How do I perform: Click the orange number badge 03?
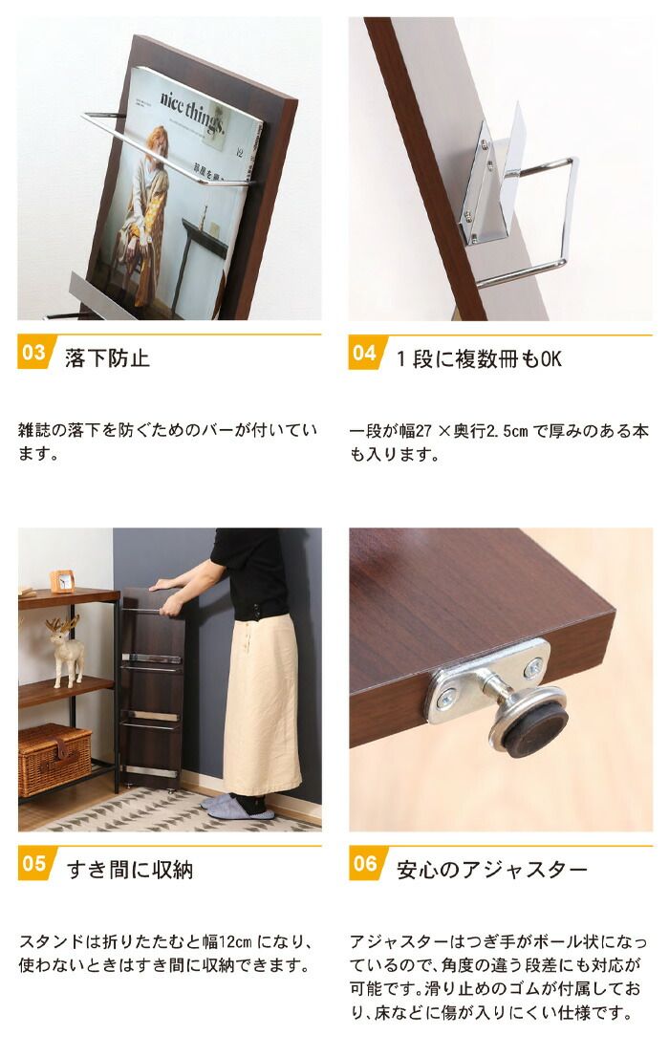(x=33, y=353)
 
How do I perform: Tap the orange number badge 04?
(x=365, y=353)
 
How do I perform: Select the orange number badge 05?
(x=33, y=864)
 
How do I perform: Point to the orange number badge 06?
(x=365, y=864)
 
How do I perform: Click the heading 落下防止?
(x=107, y=358)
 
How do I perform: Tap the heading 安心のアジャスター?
(x=491, y=870)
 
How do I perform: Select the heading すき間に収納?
(x=129, y=870)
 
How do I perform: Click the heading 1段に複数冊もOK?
(x=479, y=358)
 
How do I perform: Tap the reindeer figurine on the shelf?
(x=66, y=649)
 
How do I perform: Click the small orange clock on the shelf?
(x=63, y=581)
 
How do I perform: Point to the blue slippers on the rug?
(x=237, y=806)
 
